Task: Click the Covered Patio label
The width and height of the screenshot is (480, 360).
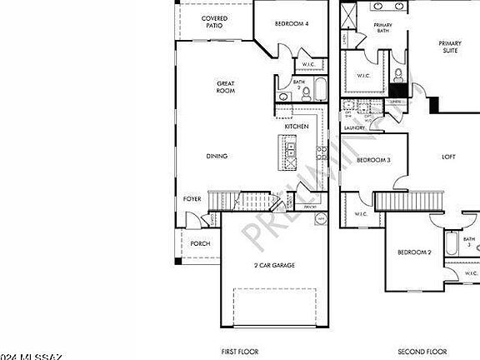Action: point(215,21)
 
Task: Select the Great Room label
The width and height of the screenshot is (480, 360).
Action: point(226,87)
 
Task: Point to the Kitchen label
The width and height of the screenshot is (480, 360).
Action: point(297,126)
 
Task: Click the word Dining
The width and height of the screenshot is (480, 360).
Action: point(217,156)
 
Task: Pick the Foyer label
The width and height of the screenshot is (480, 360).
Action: point(192,200)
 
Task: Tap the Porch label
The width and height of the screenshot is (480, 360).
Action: point(200,243)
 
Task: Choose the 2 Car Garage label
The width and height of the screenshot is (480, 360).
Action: point(274,265)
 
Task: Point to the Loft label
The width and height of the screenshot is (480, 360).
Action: point(448,157)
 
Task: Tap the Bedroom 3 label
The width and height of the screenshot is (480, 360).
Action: point(374,159)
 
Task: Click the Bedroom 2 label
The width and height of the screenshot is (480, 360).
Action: point(413,252)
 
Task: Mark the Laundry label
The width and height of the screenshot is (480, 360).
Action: point(355,127)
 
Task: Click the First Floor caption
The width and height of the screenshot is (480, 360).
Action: point(241,352)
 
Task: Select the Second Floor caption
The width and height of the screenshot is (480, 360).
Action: point(422,352)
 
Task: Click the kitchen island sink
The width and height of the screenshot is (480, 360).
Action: point(291,151)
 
